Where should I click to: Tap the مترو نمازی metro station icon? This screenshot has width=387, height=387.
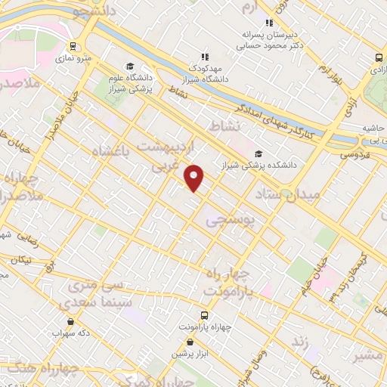tap(73, 46)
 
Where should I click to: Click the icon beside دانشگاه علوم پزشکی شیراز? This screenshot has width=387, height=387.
tap(131, 66)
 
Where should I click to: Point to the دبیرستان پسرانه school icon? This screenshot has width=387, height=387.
tap(270, 23)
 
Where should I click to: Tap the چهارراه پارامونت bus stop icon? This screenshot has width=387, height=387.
tap(204, 314)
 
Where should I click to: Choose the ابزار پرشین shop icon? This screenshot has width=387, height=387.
tap(190, 342)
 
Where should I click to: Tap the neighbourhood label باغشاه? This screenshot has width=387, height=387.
tap(111, 152)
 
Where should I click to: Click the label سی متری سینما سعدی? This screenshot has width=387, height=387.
tap(100, 294)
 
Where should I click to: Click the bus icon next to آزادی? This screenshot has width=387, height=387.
tap(378, 58)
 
